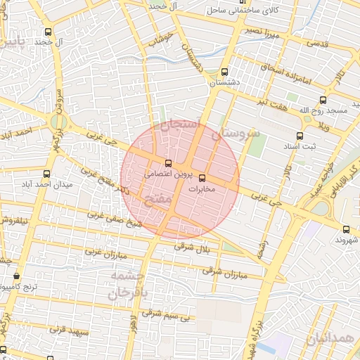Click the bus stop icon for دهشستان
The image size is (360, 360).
[x=224, y=71]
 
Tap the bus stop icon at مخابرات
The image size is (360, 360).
[x=202, y=178]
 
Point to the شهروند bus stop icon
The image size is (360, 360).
[x=346, y=229]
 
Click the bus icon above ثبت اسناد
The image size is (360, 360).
[x=300, y=136]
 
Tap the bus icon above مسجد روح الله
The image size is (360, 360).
[x=323, y=100]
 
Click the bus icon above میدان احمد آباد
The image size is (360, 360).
[x=46, y=174]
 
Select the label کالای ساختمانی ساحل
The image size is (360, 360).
[x=243, y=11]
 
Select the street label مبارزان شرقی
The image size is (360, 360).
[x=225, y=274]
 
